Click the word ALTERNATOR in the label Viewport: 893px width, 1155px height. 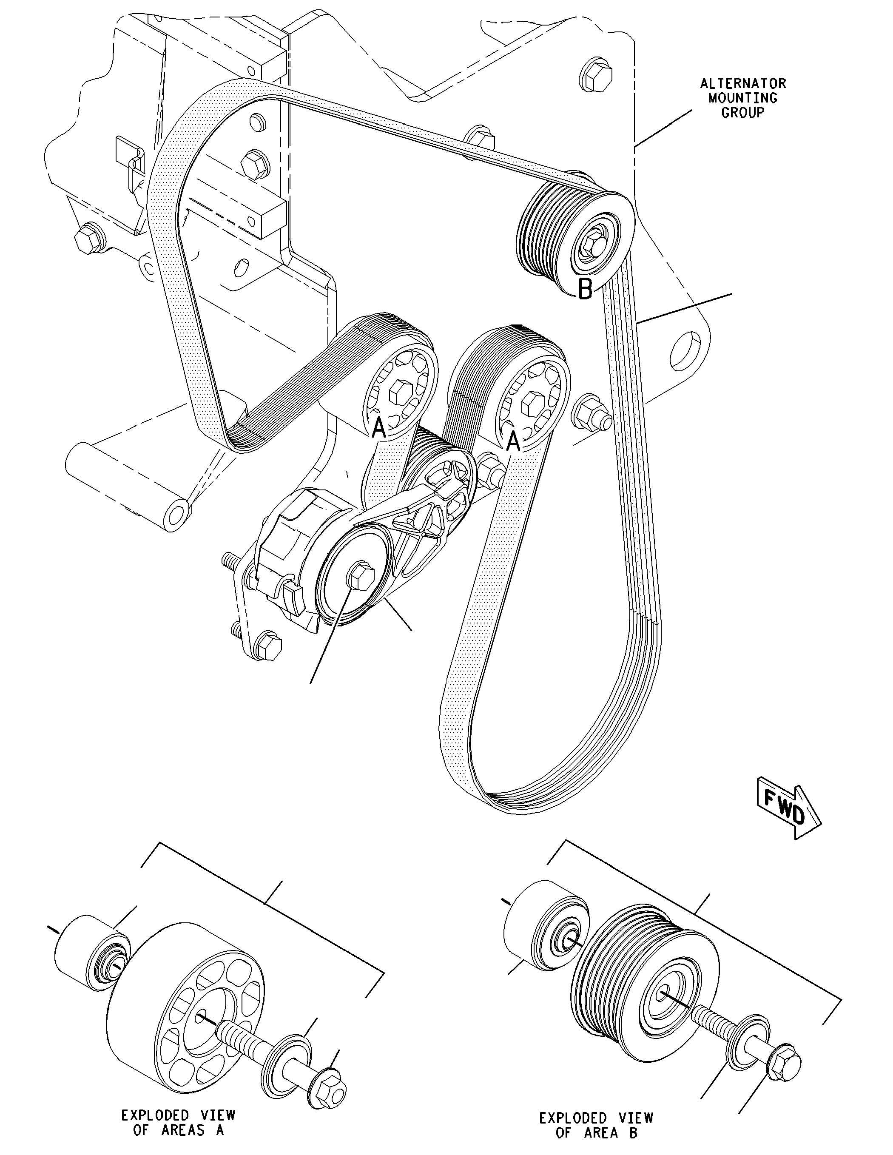[x=743, y=83]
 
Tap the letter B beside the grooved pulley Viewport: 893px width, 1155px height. [x=585, y=289]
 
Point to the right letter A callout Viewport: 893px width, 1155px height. [x=513, y=441]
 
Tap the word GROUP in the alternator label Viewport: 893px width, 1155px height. [x=743, y=113]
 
